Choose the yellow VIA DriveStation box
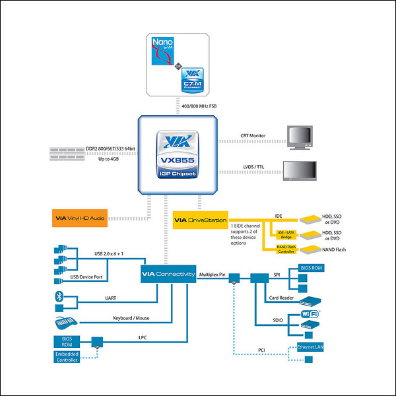point(200,220)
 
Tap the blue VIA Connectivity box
point(168,274)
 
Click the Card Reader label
point(281,297)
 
